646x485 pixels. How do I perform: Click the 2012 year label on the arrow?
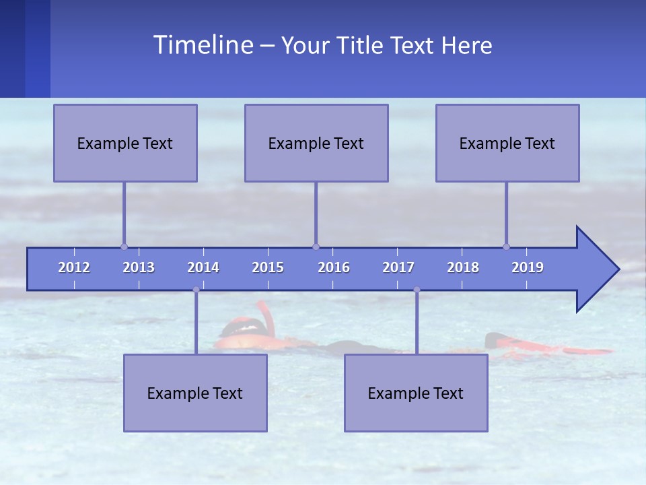click(x=74, y=267)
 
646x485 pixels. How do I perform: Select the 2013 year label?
click(x=139, y=267)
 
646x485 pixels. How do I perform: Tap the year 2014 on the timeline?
click(x=203, y=267)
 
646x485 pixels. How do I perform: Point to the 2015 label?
click(x=268, y=267)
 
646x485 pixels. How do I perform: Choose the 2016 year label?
click(x=334, y=267)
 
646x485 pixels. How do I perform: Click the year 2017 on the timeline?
click(x=398, y=267)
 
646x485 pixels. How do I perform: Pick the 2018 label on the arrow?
click(x=463, y=267)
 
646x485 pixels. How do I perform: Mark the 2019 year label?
click(x=528, y=267)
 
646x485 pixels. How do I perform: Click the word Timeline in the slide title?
click(x=203, y=45)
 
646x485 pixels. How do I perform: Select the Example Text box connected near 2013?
click(x=125, y=143)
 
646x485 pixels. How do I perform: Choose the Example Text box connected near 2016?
click(x=316, y=143)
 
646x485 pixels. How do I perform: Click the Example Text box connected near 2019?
click(x=507, y=143)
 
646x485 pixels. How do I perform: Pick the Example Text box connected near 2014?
click(x=195, y=393)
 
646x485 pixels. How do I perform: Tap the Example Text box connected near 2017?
click(x=416, y=393)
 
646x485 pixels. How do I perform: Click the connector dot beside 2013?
click(x=124, y=247)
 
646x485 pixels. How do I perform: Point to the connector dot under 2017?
click(x=417, y=290)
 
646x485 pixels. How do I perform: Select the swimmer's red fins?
click(x=552, y=348)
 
